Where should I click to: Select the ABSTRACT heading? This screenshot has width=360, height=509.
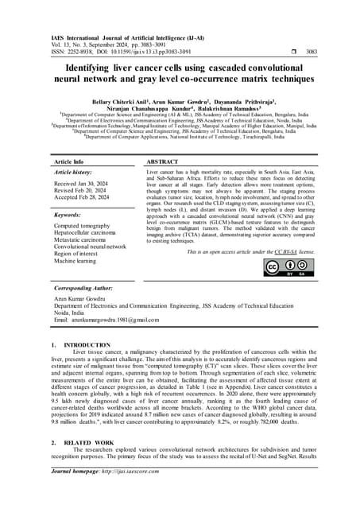coord(165,161)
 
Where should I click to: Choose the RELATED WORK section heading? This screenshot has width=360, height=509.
coord(87,462)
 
